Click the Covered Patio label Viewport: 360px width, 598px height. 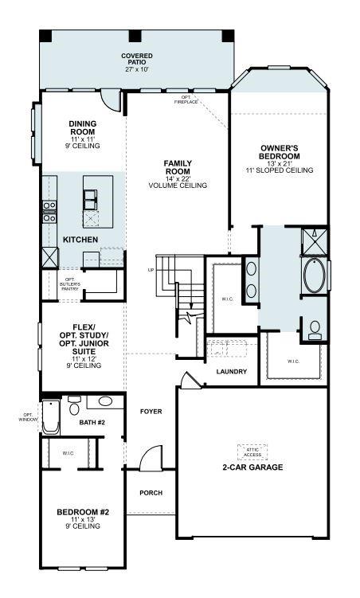137,62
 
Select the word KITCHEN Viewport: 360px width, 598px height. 80,239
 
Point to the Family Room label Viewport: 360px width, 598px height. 177,174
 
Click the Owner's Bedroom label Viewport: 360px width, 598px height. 279,158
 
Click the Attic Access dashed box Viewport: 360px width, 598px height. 252,451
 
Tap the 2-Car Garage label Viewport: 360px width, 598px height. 252,467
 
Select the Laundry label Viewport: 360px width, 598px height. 231,372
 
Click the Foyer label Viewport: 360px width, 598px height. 151,412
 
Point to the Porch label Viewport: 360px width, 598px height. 151,493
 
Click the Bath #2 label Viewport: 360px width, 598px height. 92,423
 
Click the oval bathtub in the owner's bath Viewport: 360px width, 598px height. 312,276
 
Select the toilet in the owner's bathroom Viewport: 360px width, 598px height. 314,328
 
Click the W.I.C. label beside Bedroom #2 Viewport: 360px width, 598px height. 68,453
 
